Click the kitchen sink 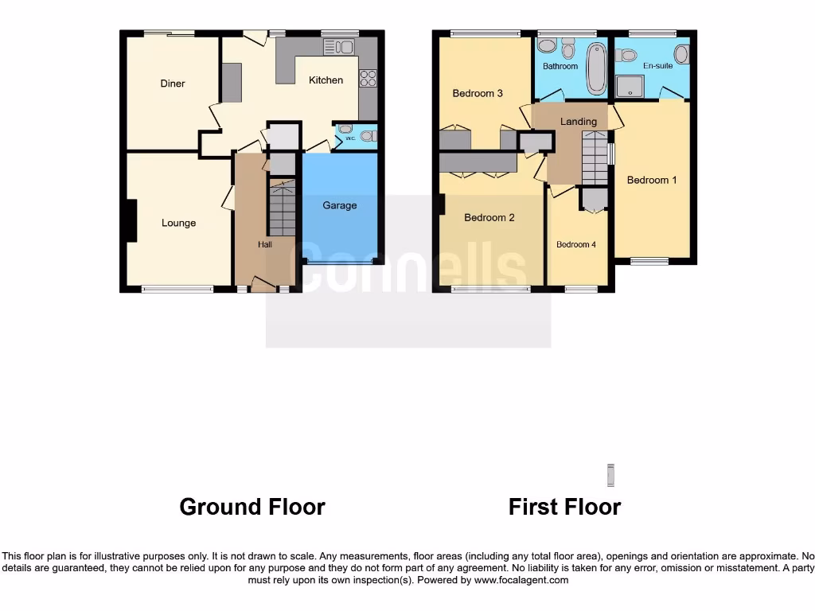pos(339,47)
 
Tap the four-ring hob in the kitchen pos(368,78)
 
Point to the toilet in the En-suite pos(626,55)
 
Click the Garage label pos(339,205)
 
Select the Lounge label pos(178,223)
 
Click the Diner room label pos(173,84)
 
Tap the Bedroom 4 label pos(575,244)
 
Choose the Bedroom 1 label pos(652,180)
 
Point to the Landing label pos(578,122)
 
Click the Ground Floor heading pos(252,507)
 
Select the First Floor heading pos(564,507)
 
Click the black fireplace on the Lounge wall pos(131,220)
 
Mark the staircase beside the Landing pos(594,158)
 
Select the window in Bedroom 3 pos(485,33)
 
